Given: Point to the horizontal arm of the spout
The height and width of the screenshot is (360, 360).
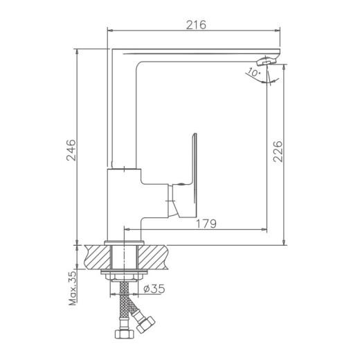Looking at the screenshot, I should [194, 55].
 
